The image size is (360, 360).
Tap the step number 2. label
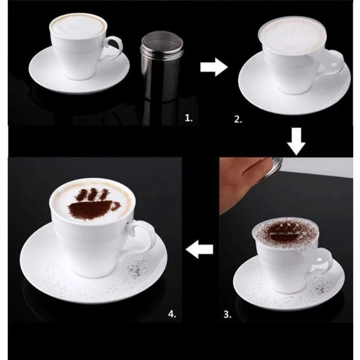238,120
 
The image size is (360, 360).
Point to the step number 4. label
171,313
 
